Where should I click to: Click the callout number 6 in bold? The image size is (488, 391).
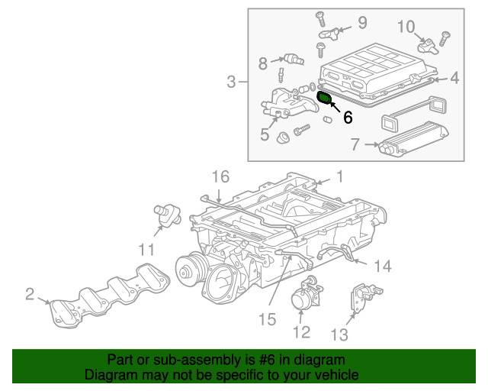[348, 118]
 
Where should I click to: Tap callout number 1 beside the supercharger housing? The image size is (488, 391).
[339, 176]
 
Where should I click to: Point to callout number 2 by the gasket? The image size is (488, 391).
[30, 293]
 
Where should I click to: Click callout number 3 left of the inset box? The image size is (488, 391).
[232, 81]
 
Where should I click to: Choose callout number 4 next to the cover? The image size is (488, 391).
[454, 77]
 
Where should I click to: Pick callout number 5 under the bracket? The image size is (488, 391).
[265, 134]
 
